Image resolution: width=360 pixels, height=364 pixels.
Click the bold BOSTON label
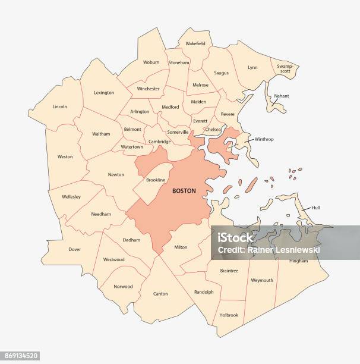(184, 191)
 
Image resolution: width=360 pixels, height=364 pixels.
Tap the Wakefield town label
(195, 43)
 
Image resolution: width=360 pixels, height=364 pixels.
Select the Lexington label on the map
(104, 93)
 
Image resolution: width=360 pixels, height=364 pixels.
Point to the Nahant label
(281, 96)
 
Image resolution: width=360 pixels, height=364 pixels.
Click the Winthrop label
(264, 139)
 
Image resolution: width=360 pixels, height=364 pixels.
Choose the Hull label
(316, 208)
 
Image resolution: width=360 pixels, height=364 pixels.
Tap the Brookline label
(155, 180)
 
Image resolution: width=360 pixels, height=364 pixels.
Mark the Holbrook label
(228, 315)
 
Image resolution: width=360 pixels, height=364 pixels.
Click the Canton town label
(160, 294)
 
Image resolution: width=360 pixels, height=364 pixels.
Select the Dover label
(74, 250)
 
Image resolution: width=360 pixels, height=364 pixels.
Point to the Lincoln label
(59, 107)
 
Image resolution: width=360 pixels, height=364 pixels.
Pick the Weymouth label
(262, 280)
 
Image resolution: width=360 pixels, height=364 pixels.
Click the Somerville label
(178, 132)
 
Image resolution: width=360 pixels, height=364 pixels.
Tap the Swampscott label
(285, 68)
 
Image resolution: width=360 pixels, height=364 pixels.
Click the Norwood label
(123, 286)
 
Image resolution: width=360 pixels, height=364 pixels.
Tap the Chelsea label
(213, 129)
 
